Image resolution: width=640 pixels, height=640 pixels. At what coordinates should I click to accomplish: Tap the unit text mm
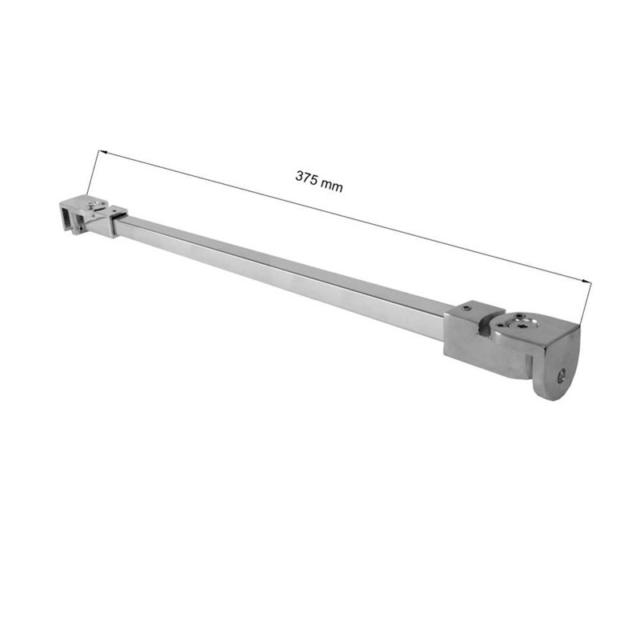331,186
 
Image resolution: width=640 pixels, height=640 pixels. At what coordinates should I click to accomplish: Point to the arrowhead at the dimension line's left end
102,152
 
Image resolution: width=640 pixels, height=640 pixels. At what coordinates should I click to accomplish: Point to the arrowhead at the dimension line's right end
586,282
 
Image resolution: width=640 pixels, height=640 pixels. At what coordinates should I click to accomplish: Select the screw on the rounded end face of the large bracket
562,375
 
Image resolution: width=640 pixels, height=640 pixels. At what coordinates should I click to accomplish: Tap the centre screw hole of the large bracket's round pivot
523,326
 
